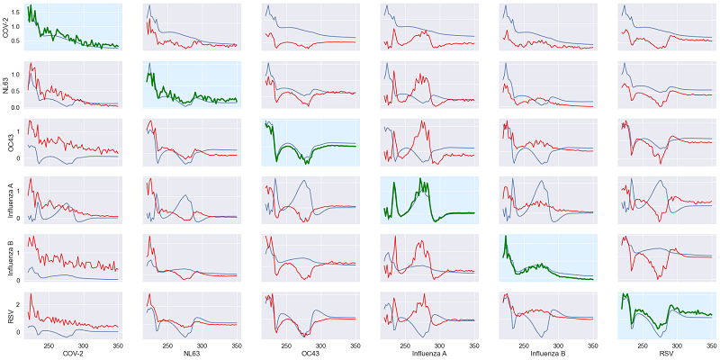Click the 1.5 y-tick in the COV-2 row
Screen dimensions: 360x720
tap(18, 10)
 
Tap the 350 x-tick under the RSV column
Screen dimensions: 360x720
tap(711, 344)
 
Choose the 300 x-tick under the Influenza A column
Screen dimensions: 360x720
tap(440, 344)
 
